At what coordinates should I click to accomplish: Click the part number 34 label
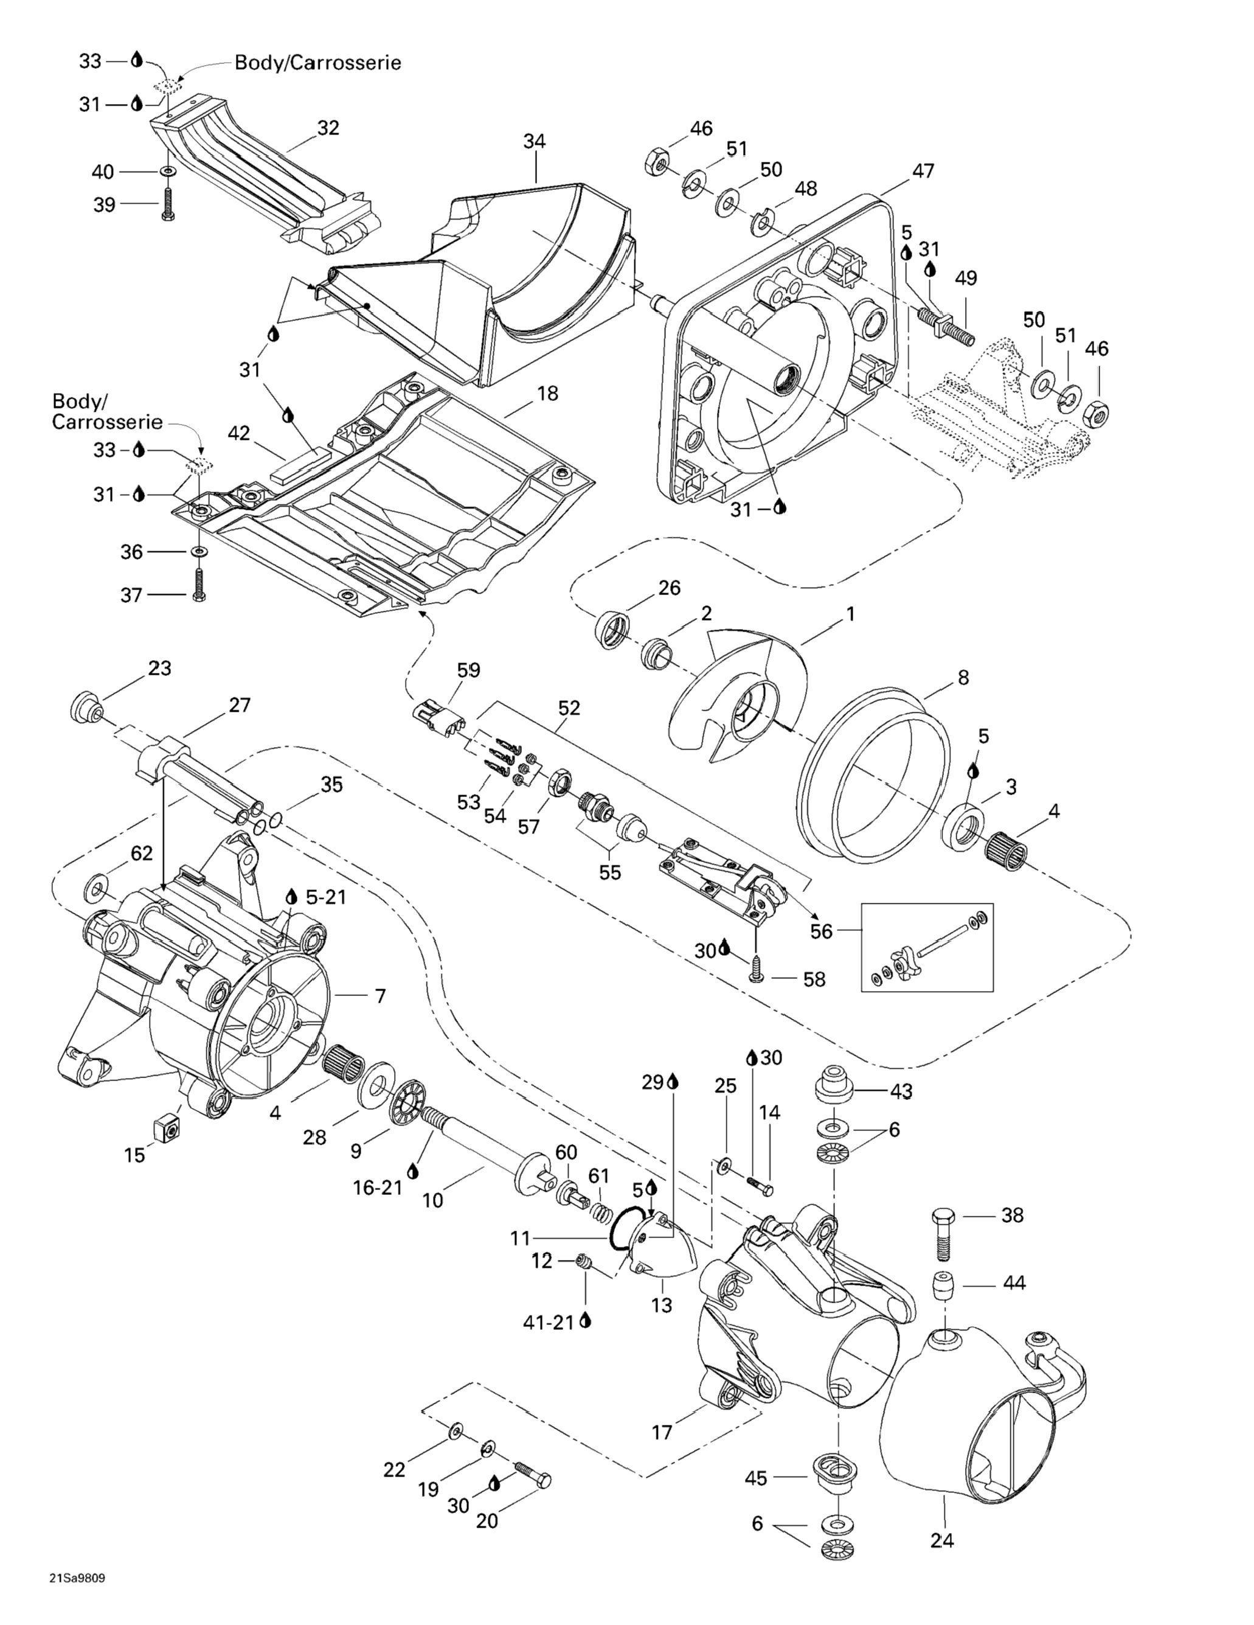click(534, 141)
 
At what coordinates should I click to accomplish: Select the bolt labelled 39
click(166, 203)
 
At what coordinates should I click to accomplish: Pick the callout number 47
click(923, 170)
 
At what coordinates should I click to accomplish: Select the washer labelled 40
click(168, 172)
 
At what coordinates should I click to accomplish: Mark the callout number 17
click(662, 1432)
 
